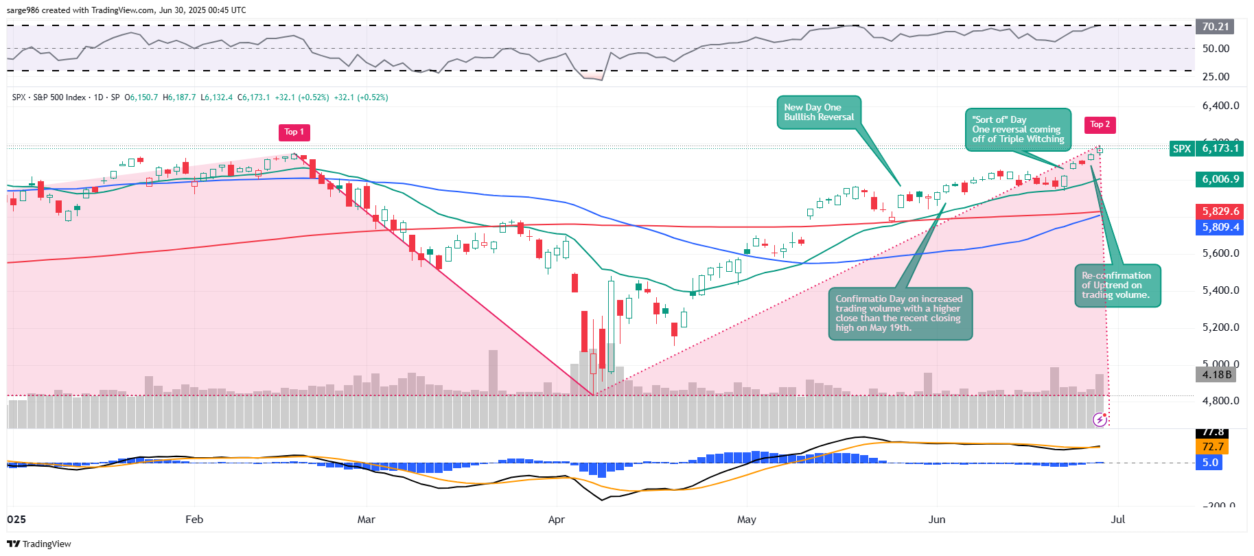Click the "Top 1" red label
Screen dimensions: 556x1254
tap(294, 132)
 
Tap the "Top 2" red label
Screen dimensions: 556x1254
tap(1100, 125)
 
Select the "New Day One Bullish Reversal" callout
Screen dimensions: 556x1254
tap(819, 113)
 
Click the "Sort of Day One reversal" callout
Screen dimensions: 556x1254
tap(1017, 129)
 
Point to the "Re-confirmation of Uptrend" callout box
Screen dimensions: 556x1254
tap(1117, 285)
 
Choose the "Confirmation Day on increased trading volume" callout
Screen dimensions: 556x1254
tap(900, 314)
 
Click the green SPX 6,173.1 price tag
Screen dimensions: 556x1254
tap(1207, 148)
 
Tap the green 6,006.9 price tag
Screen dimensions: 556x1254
tap(1220, 179)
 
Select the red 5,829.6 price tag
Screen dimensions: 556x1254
tap(1220, 211)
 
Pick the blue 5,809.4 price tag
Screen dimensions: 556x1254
tap(1220, 227)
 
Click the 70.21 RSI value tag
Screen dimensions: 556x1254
tap(1215, 27)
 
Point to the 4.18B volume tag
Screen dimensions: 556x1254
tap(1216, 375)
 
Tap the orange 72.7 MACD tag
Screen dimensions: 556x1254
tap(1212, 447)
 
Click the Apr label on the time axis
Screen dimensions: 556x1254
tap(557, 520)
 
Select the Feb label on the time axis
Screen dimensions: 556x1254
tap(194, 520)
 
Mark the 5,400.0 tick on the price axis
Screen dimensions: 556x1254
tap(1220, 290)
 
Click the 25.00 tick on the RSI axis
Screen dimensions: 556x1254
tap(1216, 77)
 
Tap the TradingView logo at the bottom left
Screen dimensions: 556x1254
tap(39, 544)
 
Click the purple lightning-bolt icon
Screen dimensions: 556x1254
tap(1100, 419)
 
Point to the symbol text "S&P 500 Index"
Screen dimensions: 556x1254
tap(60, 97)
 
